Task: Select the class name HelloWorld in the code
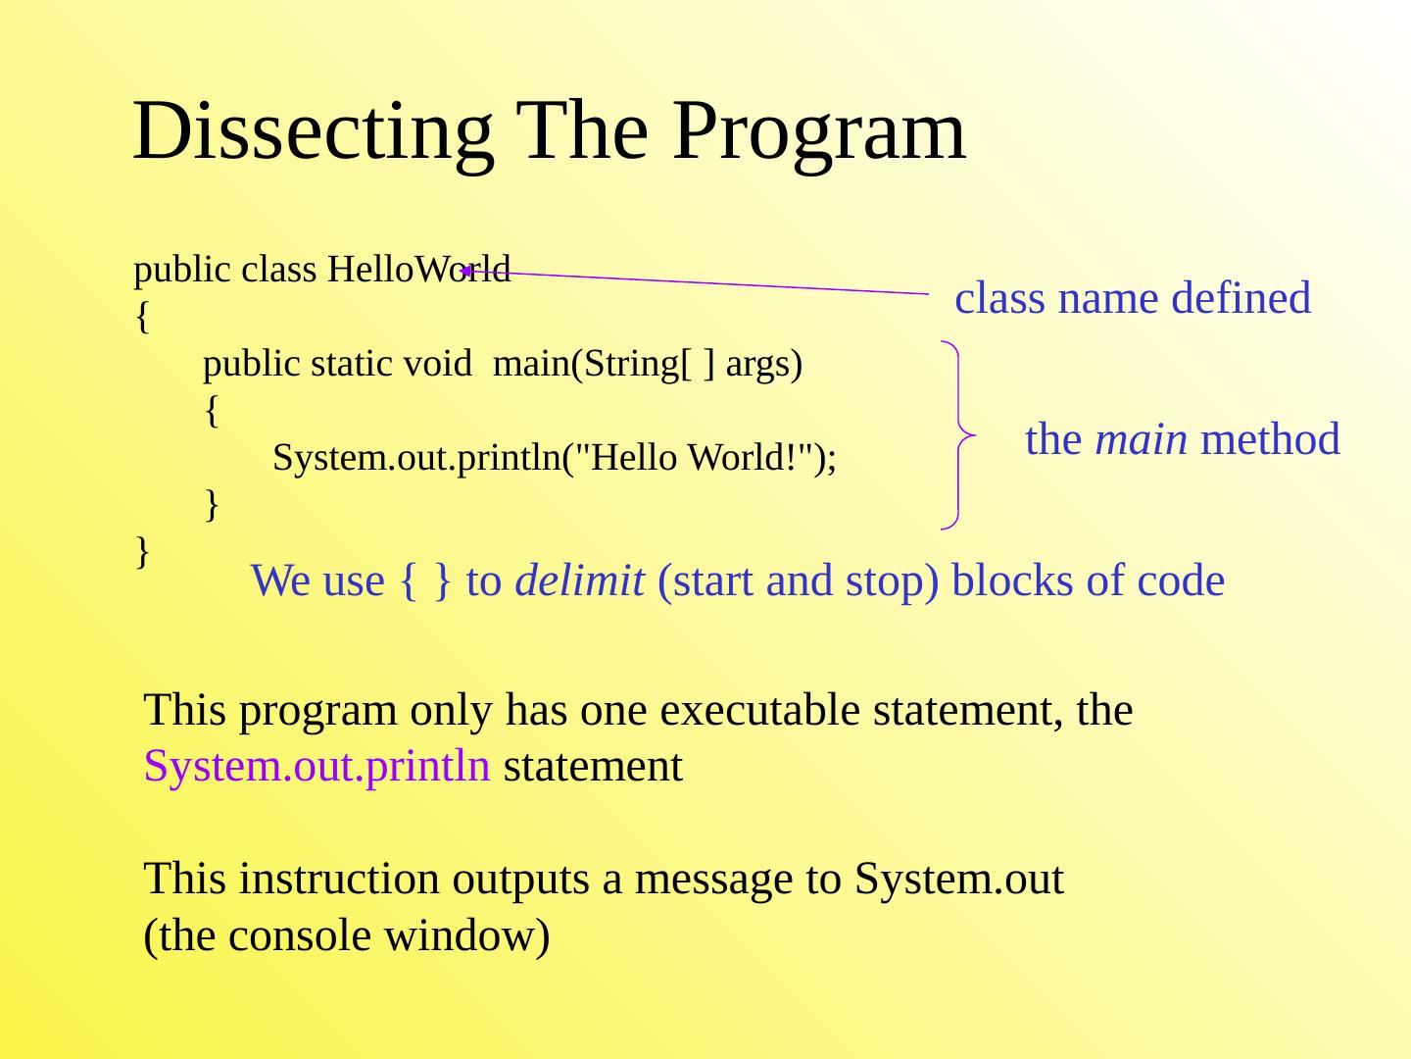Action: (419, 269)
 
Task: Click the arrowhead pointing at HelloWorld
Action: (466, 272)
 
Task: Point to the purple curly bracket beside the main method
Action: (959, 435)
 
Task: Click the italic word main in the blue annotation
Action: (1141, 440)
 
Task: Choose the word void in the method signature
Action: (437, 364)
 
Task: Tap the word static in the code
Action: (351, 364)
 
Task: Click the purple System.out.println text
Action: (316, 767)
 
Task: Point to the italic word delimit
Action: (579, 580)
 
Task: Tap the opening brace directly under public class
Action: (143, 317)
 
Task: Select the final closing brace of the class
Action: (143, 552)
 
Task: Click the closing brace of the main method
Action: (212, 505)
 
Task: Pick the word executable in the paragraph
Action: (759, 711)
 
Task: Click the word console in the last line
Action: (300, 935)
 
